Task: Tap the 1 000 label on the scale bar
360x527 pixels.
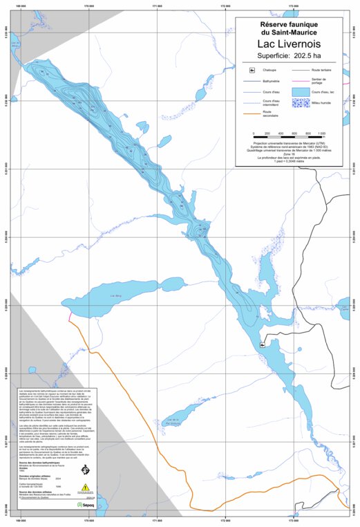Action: pos(322,133)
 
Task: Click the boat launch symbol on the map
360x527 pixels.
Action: pos(263,344)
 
